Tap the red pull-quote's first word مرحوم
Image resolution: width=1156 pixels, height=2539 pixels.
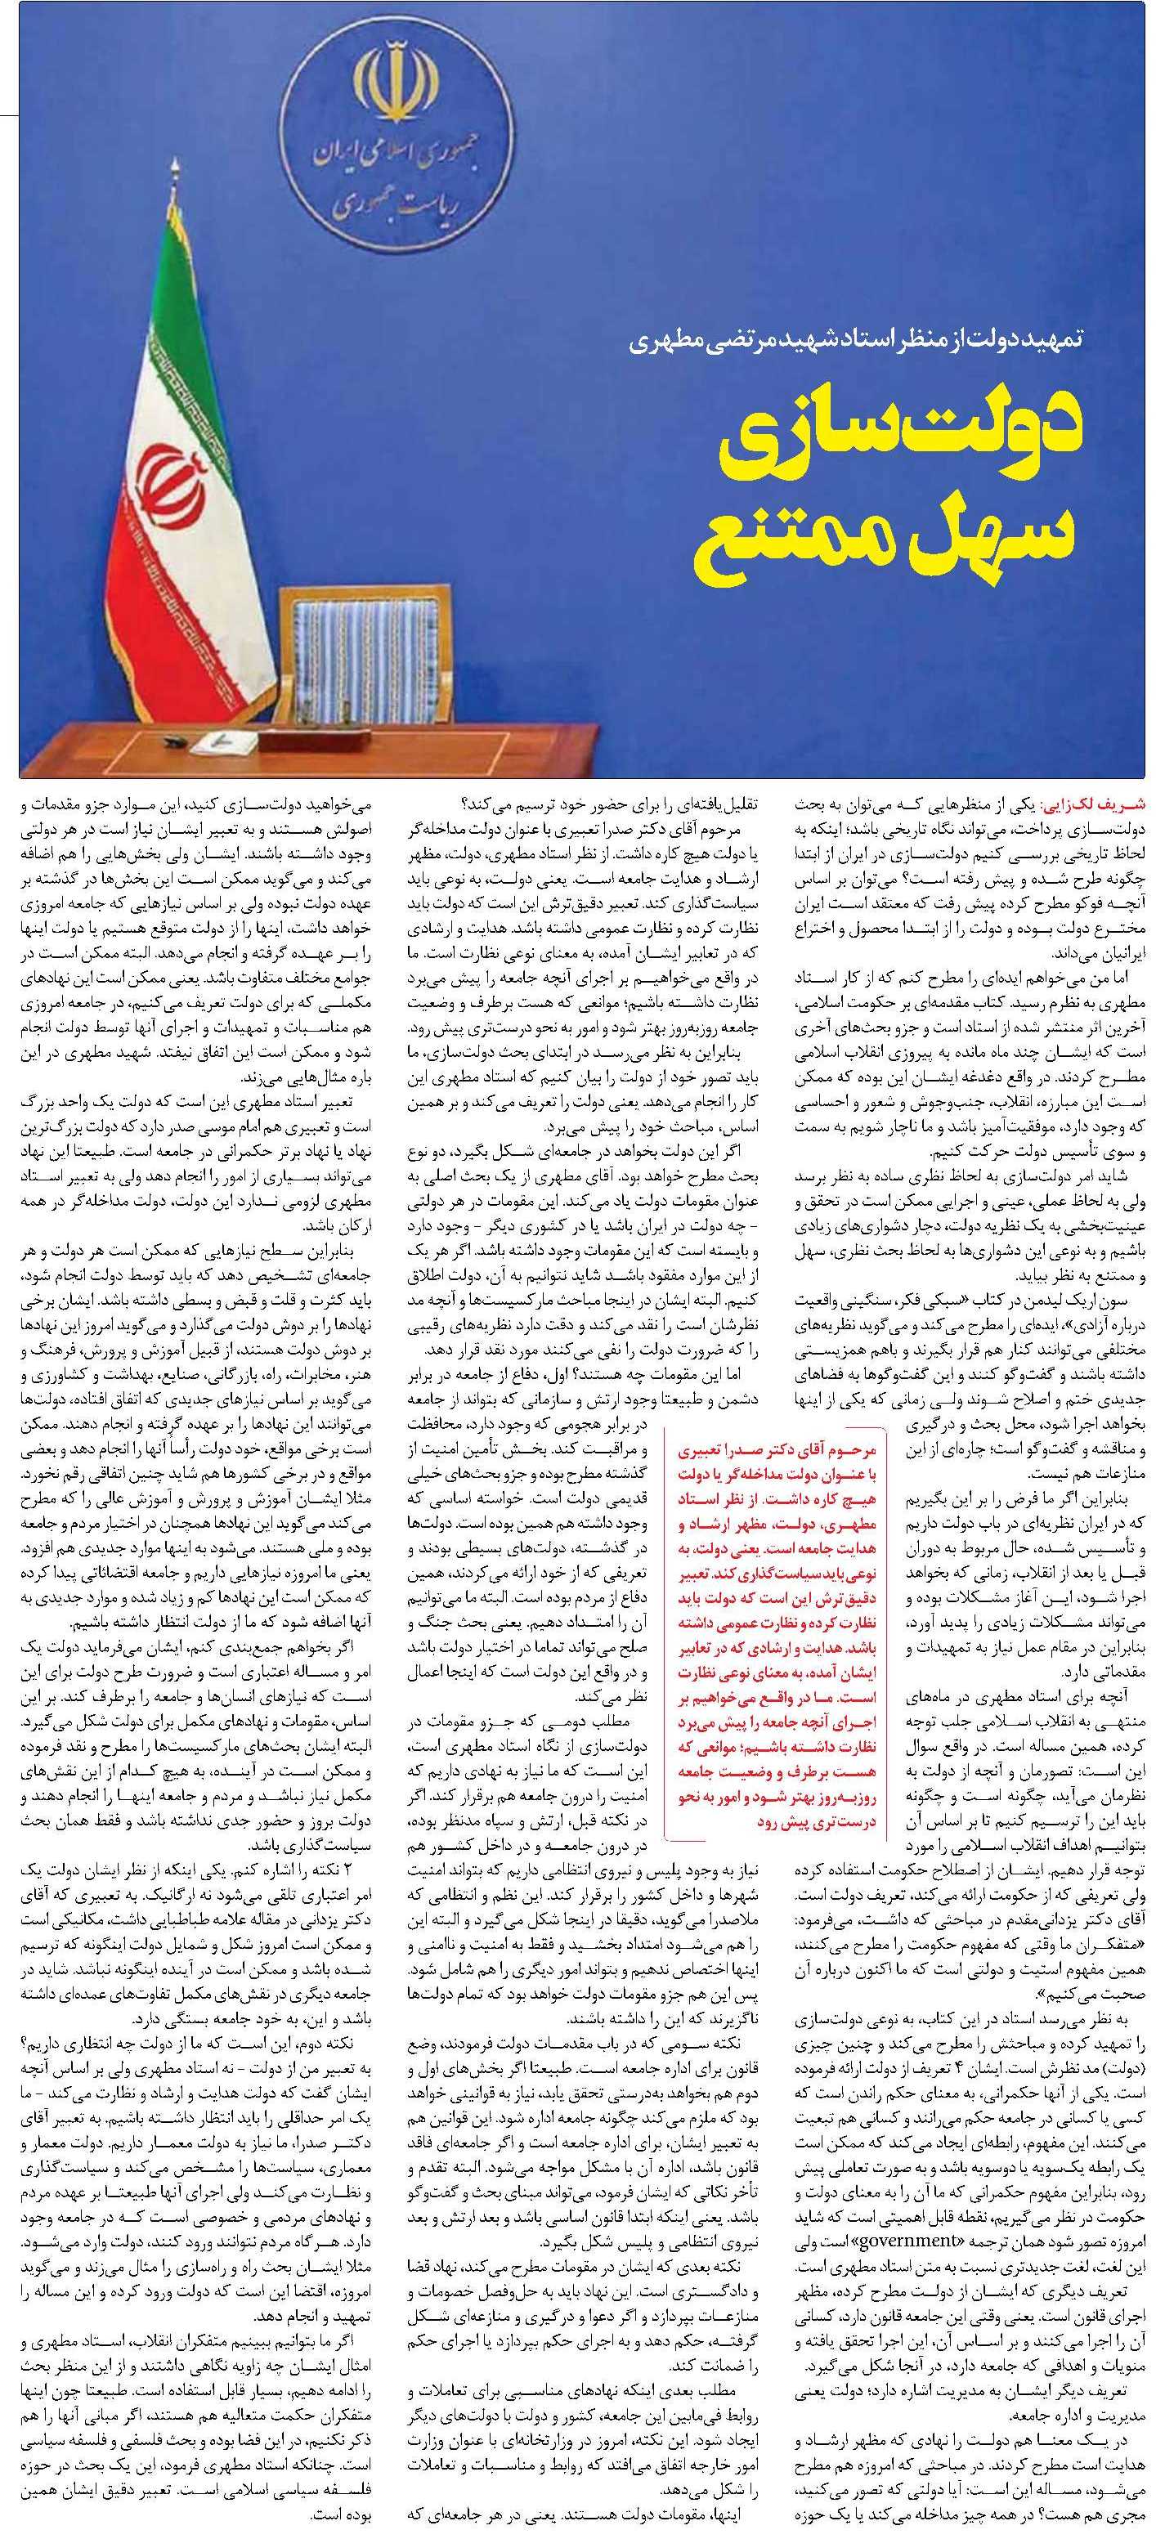coord(850,1748)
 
